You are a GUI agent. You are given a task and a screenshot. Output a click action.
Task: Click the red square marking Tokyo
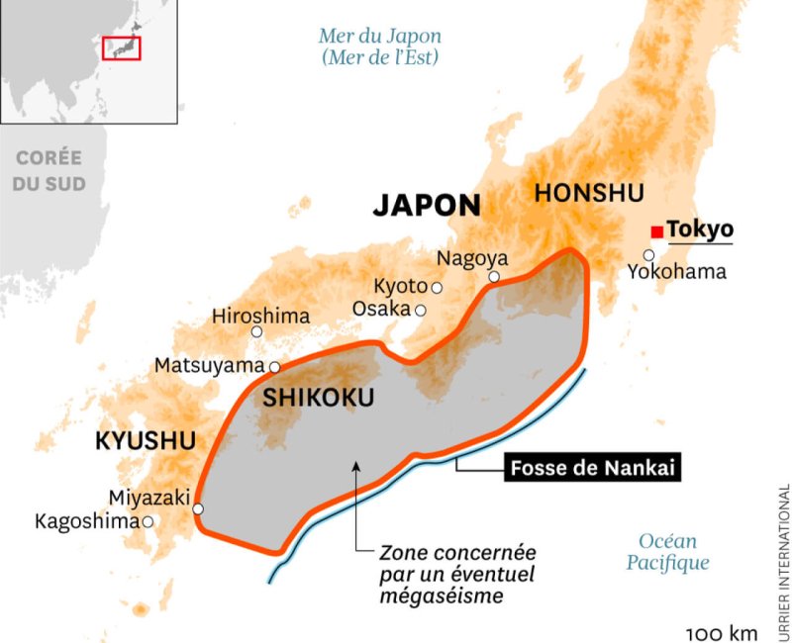[x=656, y=231]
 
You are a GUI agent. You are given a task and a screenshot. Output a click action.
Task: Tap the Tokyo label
[x=700, y=230]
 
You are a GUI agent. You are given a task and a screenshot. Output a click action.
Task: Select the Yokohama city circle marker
[x=649, y=255]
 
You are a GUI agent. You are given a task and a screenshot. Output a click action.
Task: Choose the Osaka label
[x=381, y=309]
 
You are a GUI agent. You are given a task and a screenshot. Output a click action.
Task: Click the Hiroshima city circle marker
[x=256, y=332]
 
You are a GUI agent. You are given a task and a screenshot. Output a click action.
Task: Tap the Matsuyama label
[x=209, y=366]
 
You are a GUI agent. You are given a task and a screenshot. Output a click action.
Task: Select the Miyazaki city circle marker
[x=198, y=508]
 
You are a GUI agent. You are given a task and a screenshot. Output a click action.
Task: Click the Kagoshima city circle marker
[x=148, y=521]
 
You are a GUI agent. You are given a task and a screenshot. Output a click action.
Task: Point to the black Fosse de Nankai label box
[x=594, y=468]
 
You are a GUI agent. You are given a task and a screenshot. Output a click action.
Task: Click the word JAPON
[x=427, y=206]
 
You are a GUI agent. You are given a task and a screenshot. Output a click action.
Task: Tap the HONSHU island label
[x=588, y=193]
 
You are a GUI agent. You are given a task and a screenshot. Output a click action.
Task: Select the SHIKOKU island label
[x=319, y=399]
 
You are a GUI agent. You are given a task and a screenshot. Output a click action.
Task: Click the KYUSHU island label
[x=146, y=441]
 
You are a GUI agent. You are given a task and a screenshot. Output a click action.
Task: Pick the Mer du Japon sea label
[x=380, y=46]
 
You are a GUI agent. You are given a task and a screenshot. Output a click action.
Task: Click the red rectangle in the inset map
[x=123, y=46]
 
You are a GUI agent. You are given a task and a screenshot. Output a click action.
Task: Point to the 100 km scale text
[x=721, y=632]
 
